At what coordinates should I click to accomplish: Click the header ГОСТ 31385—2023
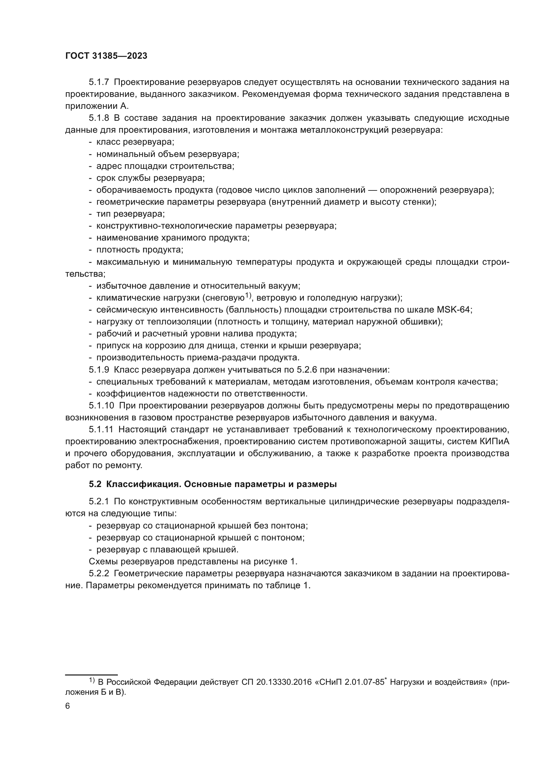[106, 56]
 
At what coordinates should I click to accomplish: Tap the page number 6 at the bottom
[68, 706]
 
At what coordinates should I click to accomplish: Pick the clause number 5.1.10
[102, 405]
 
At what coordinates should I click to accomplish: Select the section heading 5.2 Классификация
[213, 484]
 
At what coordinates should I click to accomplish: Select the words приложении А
[97, 106]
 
